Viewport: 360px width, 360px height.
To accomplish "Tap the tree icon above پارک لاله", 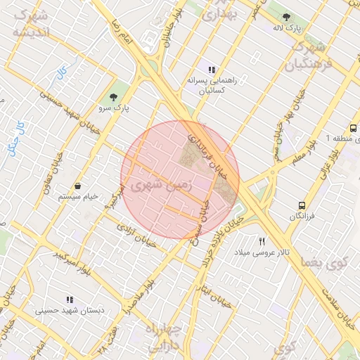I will pyautogui.click(x=285, y=17).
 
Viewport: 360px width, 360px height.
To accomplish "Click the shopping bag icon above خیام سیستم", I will pyautogui.click(x=77, y=186).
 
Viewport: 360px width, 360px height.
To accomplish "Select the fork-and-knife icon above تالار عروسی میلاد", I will pyautogui.click(x=262, y=241).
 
